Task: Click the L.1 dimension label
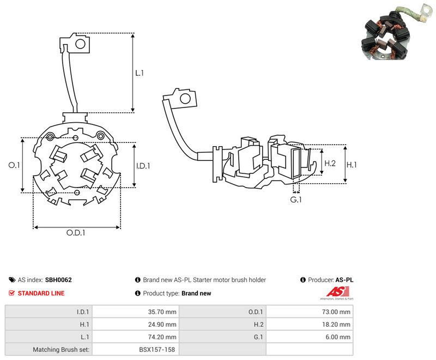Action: click(140, 73)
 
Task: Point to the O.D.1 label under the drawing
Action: click(76, 232)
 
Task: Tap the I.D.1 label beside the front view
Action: click(143, 166)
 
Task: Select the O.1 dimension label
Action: click(14, 165)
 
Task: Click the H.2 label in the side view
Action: click(330, 163)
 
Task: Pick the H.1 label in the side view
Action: click(352, 165)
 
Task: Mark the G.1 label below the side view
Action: click(296, 200)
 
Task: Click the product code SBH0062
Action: click(58, 280)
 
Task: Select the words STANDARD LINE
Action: click(41, 293)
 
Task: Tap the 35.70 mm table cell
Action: click(162, 312)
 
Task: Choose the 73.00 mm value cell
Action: click(336, 312)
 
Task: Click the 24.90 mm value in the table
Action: click(162, 325)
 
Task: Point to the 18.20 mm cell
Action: click(336, 325)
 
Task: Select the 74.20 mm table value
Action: click(162, 337)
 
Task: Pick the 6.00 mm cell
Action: click(338, 337)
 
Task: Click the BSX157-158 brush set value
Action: click(157, 350)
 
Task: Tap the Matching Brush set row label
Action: click(61, 350)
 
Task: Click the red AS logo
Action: click(337, 292)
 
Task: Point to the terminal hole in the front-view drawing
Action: click(80, 44)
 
